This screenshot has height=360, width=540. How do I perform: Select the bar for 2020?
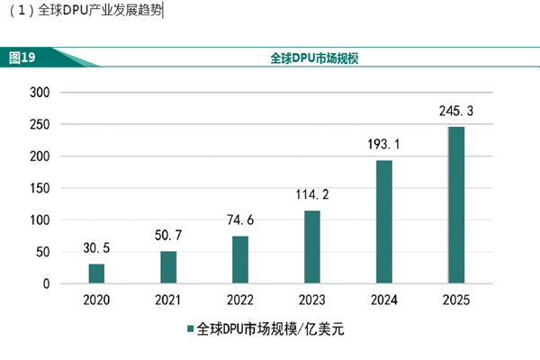tap(96, 274)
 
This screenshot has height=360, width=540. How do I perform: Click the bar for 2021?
tap(168, 267)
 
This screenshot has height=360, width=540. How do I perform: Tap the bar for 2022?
tap(240, 260)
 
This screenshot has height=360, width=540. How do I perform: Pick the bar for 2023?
tap(312, 247)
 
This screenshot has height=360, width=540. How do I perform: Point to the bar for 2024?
tap(384, 222)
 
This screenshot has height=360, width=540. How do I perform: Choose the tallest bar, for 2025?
tap(456, 205)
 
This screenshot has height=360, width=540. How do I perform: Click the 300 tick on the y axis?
tap(40, 93)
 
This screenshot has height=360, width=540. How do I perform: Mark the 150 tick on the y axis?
tap(40, 188)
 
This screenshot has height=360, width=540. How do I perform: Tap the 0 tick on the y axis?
tap(46, 284)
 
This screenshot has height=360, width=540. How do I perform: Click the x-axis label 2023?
tap(312, 299)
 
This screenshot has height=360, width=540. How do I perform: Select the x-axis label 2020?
tap(96, 299)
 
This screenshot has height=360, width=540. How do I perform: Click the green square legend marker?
tap(190, 330)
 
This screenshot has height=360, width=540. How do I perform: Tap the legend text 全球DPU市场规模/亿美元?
tap(270, 330)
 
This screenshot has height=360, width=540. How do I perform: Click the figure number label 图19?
tap(22, 58)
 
